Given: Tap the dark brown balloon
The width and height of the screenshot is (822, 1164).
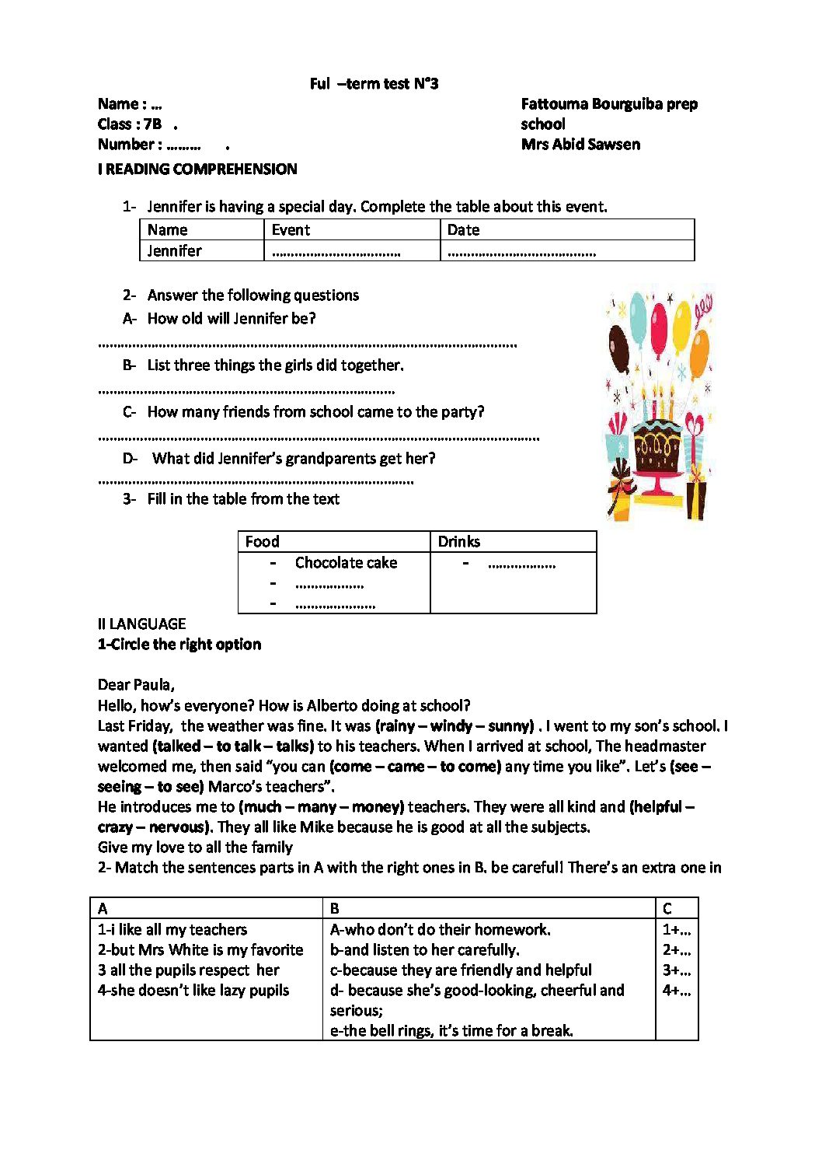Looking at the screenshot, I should [619, 348].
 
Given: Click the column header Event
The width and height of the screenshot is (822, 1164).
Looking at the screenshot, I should [291, 230].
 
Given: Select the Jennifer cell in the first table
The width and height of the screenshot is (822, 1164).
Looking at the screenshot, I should [174, 250].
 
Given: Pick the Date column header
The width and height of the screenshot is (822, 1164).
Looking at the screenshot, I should [463, 230].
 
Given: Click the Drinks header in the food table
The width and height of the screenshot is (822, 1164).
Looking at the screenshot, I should [458, 542].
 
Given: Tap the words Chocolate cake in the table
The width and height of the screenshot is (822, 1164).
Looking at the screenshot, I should [346, 562].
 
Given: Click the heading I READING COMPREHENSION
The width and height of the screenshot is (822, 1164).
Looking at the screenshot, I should [197, 169].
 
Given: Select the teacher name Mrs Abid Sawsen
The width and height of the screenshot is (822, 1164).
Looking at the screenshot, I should [580, 144].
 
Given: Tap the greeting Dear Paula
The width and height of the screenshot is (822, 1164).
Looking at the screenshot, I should [136, 685].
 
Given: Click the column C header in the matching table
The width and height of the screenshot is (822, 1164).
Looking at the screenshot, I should [667, 908].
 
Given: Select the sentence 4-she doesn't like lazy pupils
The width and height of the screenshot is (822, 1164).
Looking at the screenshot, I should [193, 990].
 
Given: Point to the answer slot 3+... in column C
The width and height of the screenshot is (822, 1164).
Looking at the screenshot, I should [676, 970].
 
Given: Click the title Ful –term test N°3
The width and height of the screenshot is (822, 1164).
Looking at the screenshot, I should [374, 84].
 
